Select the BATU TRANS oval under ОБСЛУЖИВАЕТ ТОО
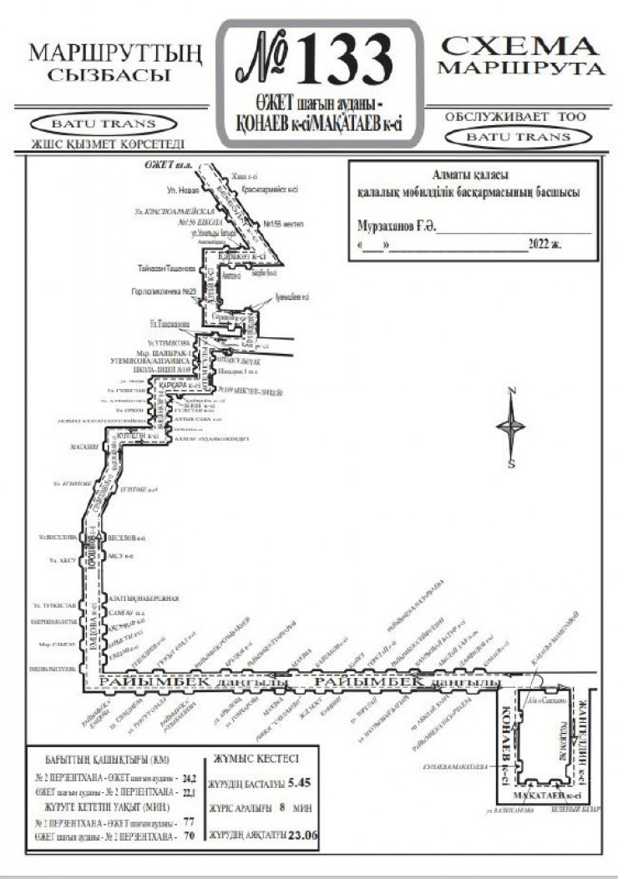(x=519, y=136)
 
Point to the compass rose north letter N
(x=513, y=392)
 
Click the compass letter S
(x=511, y=464)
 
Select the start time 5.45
(x=298, y=784)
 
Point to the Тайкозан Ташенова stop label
(x=167, y=270)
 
